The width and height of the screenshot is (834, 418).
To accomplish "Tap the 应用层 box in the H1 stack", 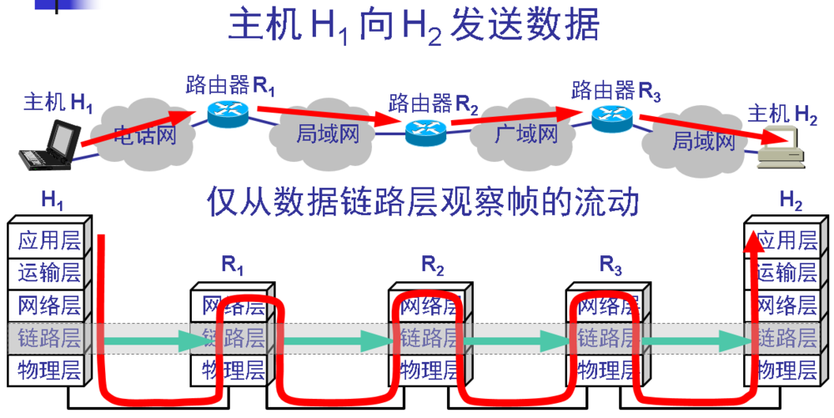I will pos(48,240).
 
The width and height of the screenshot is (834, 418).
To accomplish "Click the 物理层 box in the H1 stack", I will pos(48,370).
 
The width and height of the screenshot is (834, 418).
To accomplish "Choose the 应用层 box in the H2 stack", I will pos(785,240).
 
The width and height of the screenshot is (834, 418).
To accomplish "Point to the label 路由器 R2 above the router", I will pos(434,104).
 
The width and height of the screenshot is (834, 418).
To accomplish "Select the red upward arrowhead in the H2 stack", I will pos(754,239).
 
